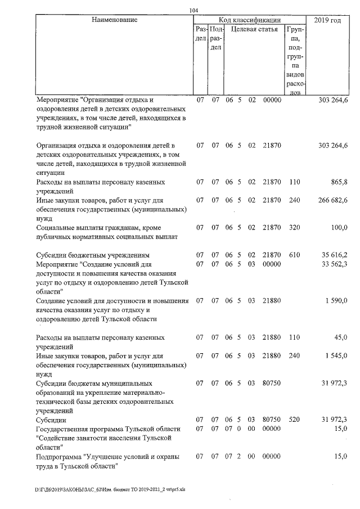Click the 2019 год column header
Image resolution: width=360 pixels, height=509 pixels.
tap(329, 20)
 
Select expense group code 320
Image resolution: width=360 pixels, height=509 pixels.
tap(295, 227)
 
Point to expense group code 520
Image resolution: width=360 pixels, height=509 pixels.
tap(295, 420)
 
